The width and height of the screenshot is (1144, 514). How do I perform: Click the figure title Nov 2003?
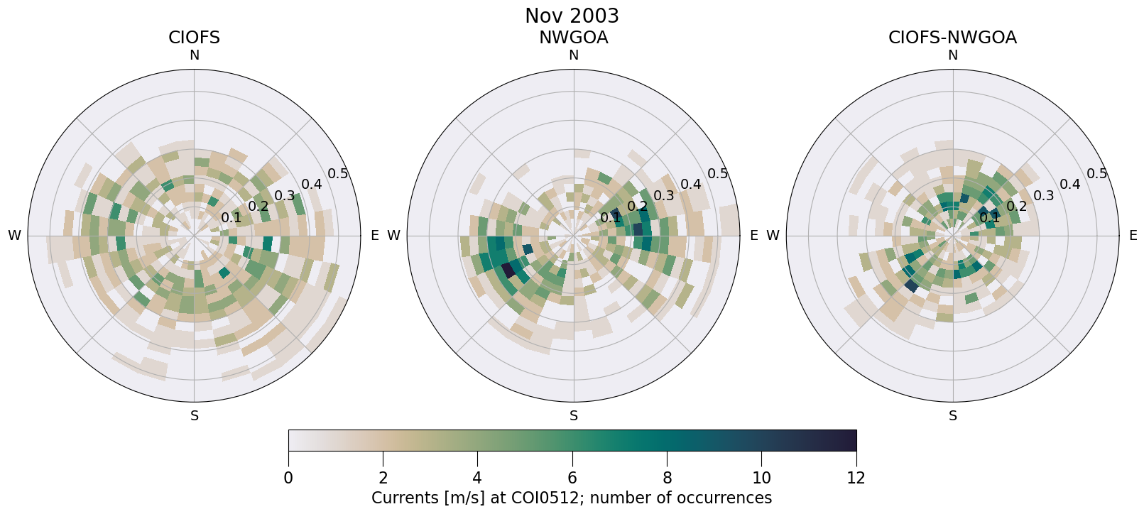coord(572,16)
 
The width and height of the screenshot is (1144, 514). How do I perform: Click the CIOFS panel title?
coord(194,38)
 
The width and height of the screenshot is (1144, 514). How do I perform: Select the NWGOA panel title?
coord(573,38)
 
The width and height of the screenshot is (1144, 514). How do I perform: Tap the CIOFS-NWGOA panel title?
coord(952,38)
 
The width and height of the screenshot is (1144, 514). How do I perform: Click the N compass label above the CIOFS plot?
coord(194,55)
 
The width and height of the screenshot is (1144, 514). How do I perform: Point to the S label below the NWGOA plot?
coord(574,416)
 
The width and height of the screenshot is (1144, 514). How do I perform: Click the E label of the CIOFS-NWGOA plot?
coord(1133,236)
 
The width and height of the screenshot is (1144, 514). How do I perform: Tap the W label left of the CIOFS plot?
coord(14,236)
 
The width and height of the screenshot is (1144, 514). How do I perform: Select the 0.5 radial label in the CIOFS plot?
coord(338,174)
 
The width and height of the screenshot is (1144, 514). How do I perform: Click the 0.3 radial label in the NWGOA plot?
coord(664,196)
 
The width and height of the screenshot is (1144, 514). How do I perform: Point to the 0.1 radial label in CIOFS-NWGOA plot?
coord(990,217)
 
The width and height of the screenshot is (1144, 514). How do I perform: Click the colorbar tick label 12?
coord(856,479)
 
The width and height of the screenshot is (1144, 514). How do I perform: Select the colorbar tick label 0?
coord(288,479)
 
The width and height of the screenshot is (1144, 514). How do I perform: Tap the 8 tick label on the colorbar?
coord(667,479)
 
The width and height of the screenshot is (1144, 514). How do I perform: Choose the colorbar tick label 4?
coord(477,479)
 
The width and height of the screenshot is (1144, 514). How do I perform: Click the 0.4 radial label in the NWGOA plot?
coord(691,185)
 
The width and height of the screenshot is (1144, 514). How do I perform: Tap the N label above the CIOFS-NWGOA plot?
coord(953,55)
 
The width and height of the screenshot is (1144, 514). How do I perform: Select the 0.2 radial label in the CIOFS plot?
coord(258,207)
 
